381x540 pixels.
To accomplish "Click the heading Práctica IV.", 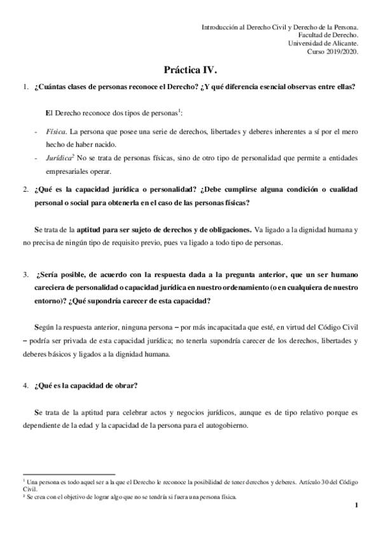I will pos(190,71).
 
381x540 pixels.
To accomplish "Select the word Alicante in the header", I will pos(342,44).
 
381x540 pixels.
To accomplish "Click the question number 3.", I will pos(25,276).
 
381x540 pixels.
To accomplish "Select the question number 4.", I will pos(25,385).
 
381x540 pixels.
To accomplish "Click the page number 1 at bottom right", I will pos(357,506).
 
